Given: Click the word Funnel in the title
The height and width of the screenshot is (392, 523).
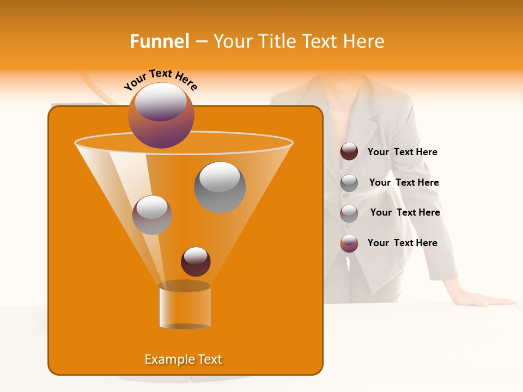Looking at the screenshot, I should (159, 41).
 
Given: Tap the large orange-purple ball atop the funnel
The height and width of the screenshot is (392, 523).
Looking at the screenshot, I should (161, 115).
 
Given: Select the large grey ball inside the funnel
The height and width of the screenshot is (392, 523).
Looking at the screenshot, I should (220, 187).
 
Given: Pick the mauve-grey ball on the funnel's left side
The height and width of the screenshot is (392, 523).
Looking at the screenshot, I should (152, 215).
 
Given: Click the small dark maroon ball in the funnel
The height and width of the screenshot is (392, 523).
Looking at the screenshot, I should (196, 262).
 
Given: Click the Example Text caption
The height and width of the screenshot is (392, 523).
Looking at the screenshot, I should (184, 359).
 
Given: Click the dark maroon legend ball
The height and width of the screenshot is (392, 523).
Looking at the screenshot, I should (349, 152).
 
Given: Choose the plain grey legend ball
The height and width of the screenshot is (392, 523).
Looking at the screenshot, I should (349, 183).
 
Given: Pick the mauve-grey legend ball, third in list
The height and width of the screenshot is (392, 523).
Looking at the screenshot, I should (349, 213).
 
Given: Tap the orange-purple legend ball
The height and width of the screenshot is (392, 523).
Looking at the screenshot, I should (349, 243).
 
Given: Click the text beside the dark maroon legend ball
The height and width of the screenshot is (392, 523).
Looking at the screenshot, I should (402, 152).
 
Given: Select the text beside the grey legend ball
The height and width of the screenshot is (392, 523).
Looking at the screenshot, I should (404, 183).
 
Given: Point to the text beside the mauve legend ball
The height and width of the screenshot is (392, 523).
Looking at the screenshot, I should (405, 213).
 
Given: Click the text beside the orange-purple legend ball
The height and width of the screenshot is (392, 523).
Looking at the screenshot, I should (402, 243).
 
